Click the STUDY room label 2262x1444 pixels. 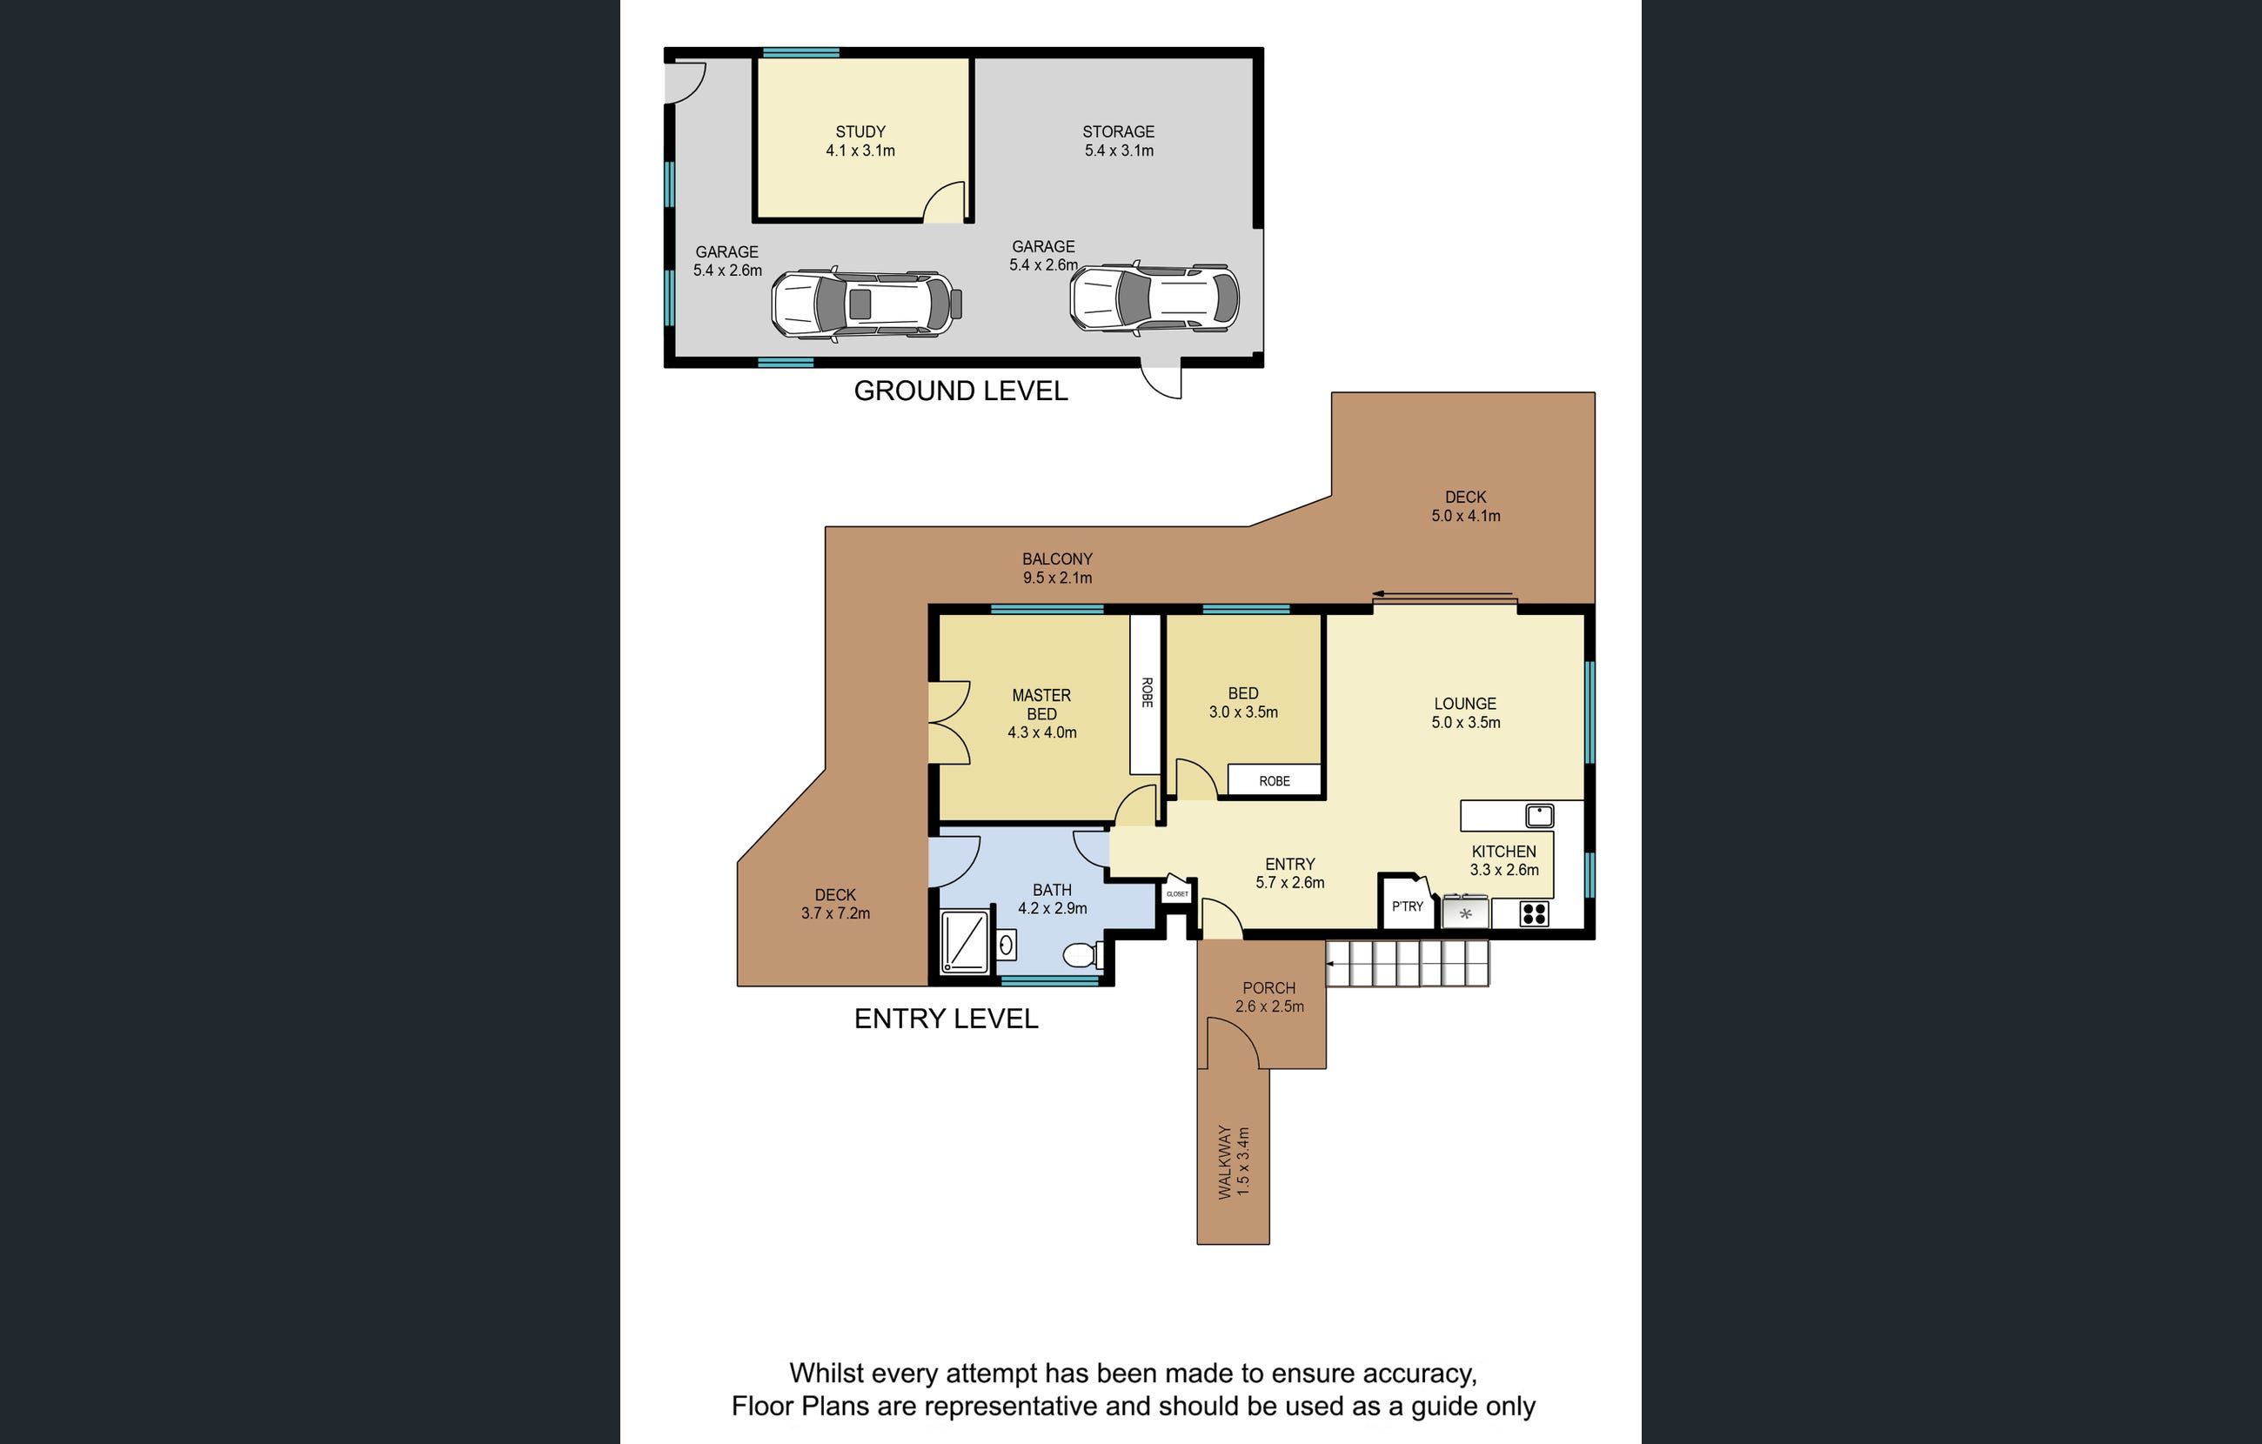pyautogui.click(x=860, y=131)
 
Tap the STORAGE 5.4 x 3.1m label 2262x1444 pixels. pyautogui.click(x=1118, y=141)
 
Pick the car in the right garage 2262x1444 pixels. pyautogui.click(x=1154, y=297)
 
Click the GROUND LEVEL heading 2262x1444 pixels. pyautogui.click(x=960, y=391)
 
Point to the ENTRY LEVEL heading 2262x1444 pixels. pyautogui.click(x=946, y=1019)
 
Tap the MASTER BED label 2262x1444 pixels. pyautogui.click(x=1041, y=705)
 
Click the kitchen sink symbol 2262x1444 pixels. pyautogui.click(x=1540, y=815)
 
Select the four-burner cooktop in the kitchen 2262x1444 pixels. pyautogui.click(x=1534, y=913)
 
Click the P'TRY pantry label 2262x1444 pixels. pyautogui.click(x=1407, y=906)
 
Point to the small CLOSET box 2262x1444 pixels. pyautogui.click(x=1177, y=890)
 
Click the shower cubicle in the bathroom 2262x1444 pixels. pyautogui.click(x=965, y=940)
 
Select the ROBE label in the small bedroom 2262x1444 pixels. pyautogui.click(x=1275, y=781)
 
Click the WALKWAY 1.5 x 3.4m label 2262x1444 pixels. pyautogui.click(x=1234, y=1161)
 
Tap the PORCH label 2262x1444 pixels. pyautogui.click(x=1269, y=988)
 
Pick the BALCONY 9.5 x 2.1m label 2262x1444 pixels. pyautogui.click(x=1058, y=568)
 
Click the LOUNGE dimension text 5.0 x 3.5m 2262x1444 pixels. pyautogui.click(x=1465, y=723)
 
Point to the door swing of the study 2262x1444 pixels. pyautogui.click(x=944, y=202)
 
